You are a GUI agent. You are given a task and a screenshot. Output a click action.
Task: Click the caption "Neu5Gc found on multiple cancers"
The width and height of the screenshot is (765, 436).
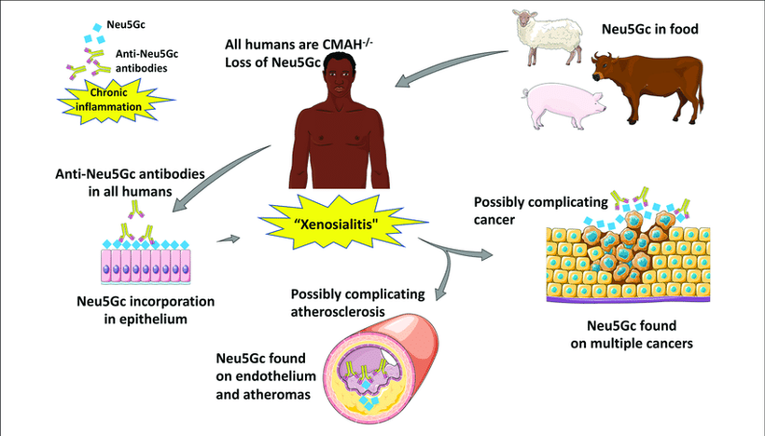click(626, 334)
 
